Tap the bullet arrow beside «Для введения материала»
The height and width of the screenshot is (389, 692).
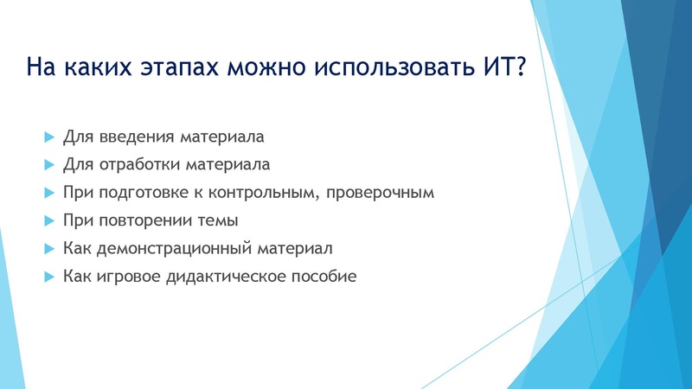coord(48,137)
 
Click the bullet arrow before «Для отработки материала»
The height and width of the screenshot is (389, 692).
coord(48,164)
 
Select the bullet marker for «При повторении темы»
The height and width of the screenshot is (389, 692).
coord(48,220)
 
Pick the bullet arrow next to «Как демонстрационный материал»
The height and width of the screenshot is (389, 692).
coord(48,248)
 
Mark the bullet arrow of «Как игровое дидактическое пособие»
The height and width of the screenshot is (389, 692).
coord(48,277)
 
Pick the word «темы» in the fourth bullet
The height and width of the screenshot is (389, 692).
coord(220,220)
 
